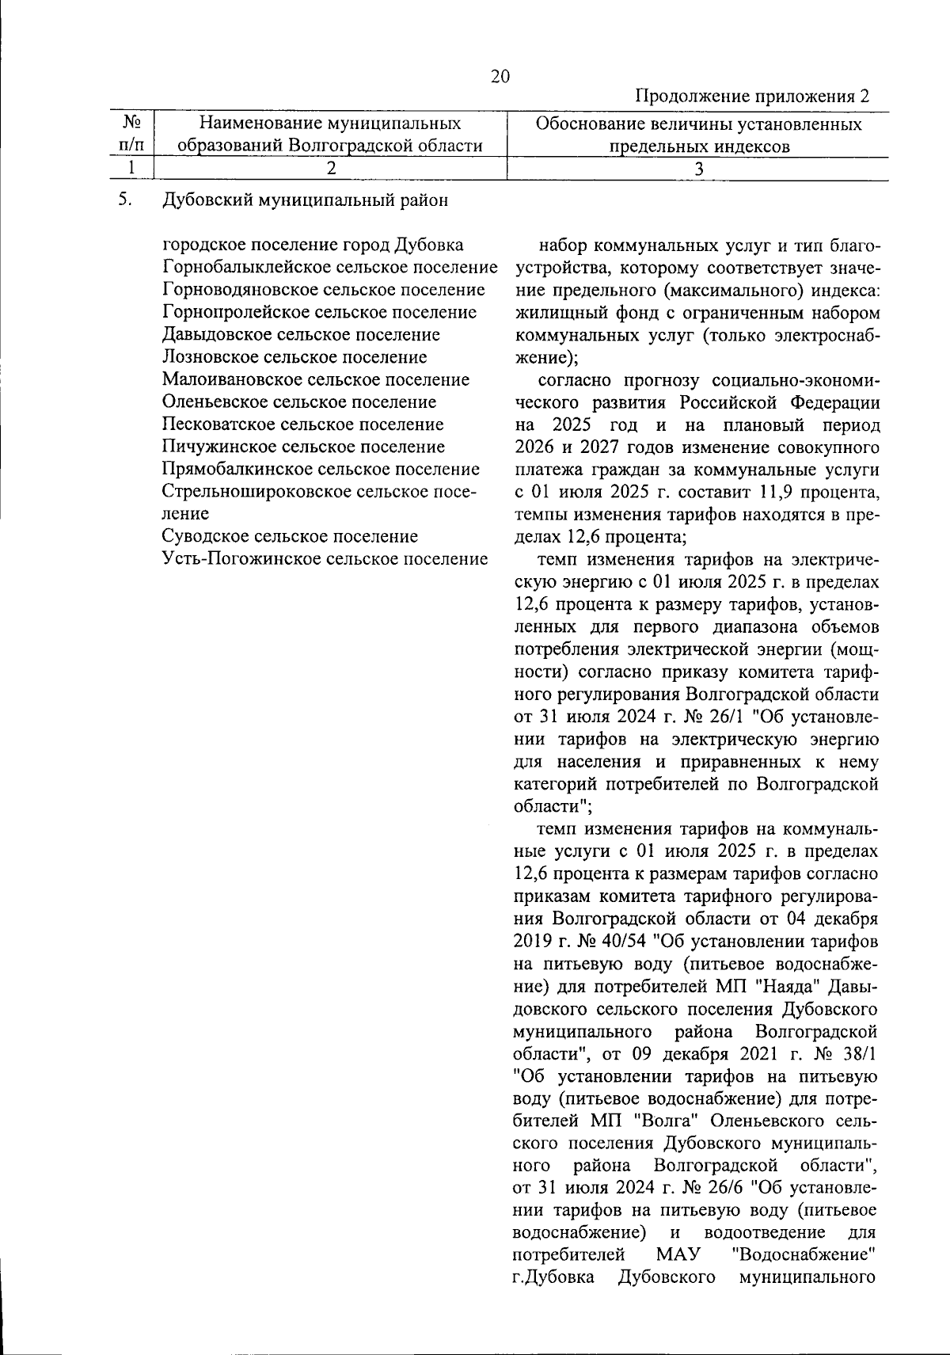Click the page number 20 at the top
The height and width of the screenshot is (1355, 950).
click(500, 77)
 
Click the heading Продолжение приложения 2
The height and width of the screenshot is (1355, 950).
click(753, 97)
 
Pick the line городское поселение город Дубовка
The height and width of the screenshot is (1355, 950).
click(313, 245)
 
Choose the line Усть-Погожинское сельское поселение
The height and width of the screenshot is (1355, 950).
click(324, 559)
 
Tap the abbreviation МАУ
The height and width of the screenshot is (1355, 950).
click(678, 1255)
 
